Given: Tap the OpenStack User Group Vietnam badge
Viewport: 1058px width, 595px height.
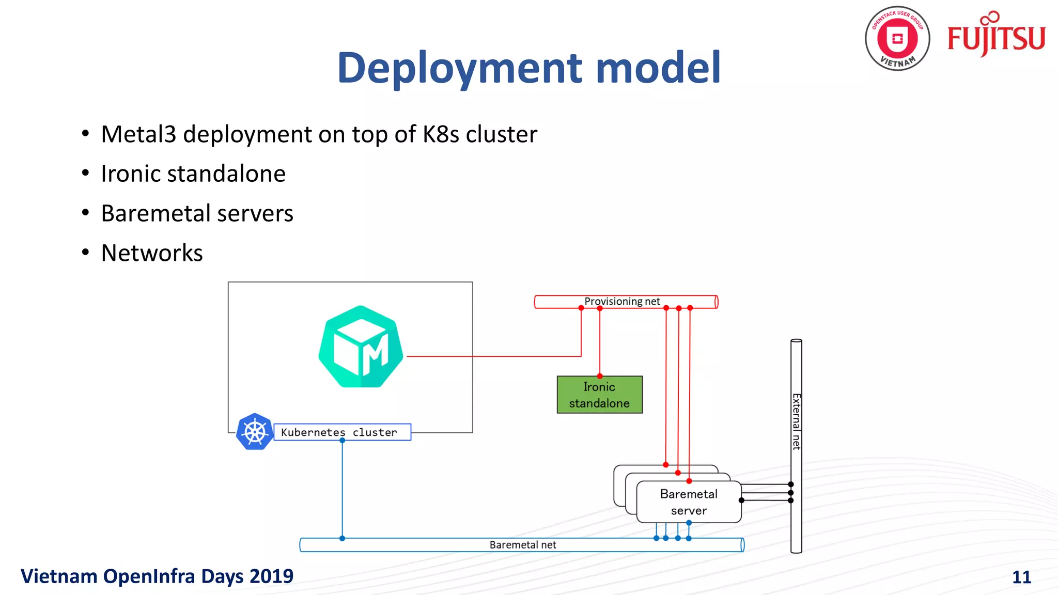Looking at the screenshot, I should tap(897, 39).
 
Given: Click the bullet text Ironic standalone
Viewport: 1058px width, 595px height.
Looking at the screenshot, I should tap(193, 174).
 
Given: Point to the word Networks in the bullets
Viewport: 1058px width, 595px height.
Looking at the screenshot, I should tap(152, 253).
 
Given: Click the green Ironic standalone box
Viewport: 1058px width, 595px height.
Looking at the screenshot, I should tap(599, 395).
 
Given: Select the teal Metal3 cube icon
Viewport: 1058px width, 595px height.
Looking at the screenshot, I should tap(361, 347).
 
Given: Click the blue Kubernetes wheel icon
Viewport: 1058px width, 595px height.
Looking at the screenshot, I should tap(254, 432).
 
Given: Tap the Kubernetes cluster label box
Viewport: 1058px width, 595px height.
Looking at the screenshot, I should tap(341, 432).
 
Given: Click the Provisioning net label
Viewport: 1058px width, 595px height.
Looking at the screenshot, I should tap(621, 301).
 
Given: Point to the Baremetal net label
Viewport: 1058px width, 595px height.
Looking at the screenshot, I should tap(522, 545).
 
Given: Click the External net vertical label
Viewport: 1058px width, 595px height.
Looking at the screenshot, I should tap(796, 421).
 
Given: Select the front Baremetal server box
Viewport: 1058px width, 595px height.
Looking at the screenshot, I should tap(689, 502).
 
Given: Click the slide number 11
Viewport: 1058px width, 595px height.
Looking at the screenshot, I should tap(1021, 577).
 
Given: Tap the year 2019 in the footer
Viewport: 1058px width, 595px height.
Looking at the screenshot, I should tap(273, 576).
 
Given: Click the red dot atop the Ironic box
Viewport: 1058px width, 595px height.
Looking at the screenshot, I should tap(600, 376).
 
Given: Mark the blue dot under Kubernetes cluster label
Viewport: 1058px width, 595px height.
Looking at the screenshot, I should tap(342, 441).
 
